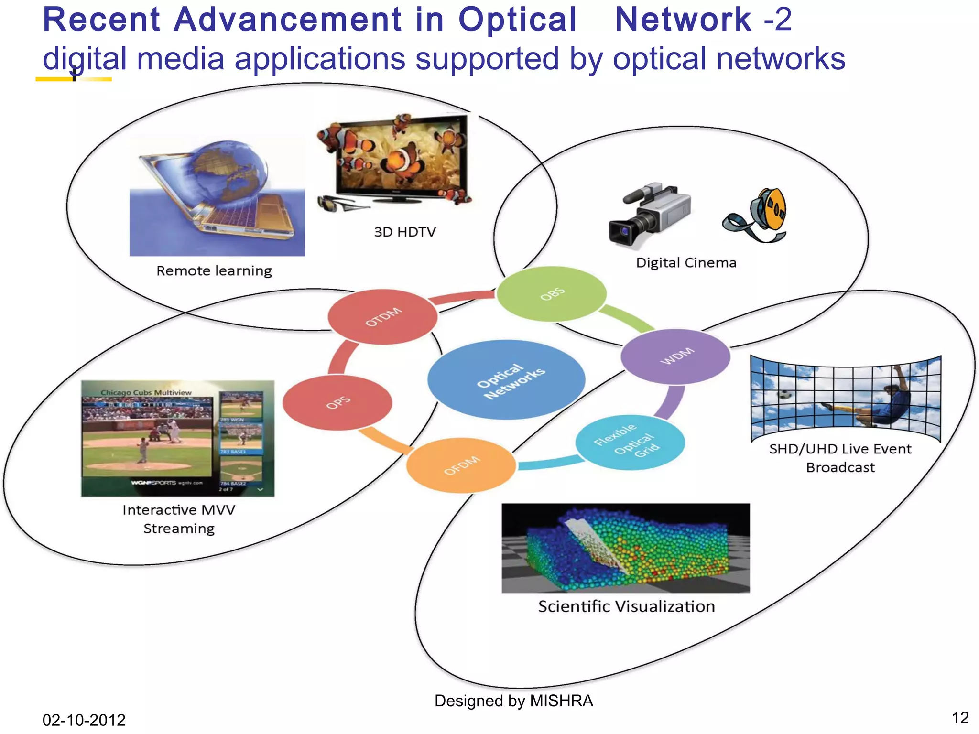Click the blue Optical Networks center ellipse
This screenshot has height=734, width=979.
click(506, 380)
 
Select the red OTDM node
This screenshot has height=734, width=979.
click(383, 317)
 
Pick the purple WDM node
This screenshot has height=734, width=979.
click(675, 356)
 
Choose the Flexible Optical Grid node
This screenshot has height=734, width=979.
click(630, 442)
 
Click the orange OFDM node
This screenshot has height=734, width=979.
click(461, 465)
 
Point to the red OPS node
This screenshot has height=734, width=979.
click(337, 402)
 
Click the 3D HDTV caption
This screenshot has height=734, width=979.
click(404, 232)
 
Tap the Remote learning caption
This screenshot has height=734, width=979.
click(214, 271)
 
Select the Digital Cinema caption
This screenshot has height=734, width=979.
click(686, 263)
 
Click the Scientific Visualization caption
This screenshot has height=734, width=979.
click(626, 606)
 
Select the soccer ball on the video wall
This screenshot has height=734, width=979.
click(784, 395)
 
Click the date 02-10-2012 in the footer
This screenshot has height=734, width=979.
click(84, 720)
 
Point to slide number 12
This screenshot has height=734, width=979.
click(960, 718)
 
